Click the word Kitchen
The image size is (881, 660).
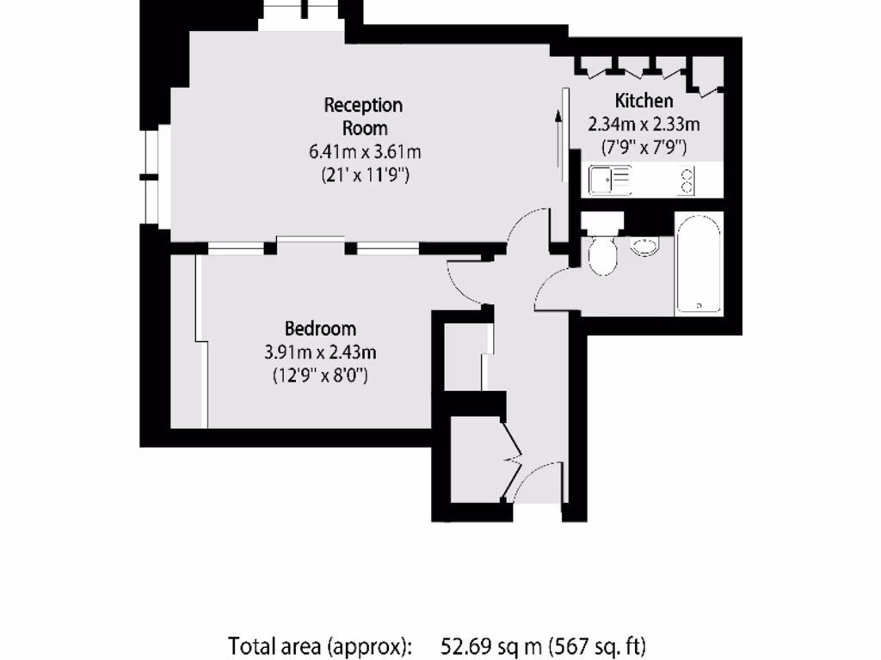pyautogui.click(x=644, y=101)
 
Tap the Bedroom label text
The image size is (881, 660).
pyautogui.click(x=320, y=328)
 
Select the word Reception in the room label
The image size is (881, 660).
pyautogui.click(x=363, y=105)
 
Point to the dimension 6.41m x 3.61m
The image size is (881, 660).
pyautogui.click(x=365, y=152)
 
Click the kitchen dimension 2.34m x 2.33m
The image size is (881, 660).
pyautogui.click(x=644, y=124)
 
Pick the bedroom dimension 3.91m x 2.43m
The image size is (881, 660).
pyautogui.click(x=320, y=351)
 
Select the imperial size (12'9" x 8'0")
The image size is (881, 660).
pyautogui.click(x=320, y=375)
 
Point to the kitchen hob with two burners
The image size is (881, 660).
pyautogui.click(x=687, y=180)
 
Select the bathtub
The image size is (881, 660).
pyautogui.click(x=698, y=263)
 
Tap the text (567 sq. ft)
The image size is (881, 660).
pyautogui.click(x=600, y=645)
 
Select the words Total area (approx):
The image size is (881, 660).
pyautogui.click(x=320, y=645)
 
